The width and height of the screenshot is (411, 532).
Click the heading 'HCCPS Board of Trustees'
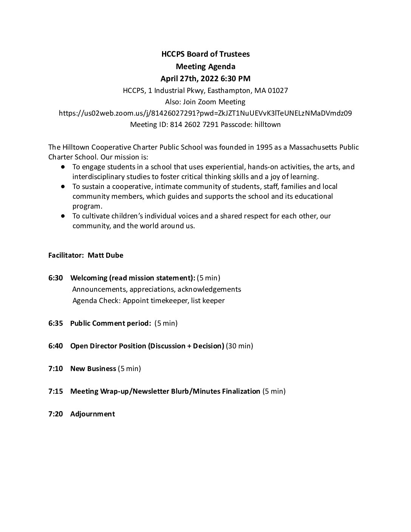pyautogui.click(x=205, y=54)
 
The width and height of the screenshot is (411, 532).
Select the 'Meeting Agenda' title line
pyautogui.click(x=205, y=66)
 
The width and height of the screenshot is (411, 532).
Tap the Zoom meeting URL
pyautogui.click(x=205, y=113)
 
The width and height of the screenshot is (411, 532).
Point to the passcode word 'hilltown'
pyautogui.click(x=268, y=124)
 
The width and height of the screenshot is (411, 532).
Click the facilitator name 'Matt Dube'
pyautogui.click(x=105, y=255)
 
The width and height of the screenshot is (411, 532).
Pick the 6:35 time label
pyautogui.click(x=56, y=323)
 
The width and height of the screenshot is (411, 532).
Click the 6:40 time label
pyautogui.click(x=56, y=346)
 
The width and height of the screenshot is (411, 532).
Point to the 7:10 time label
pyautogui.click(x=56, y=368)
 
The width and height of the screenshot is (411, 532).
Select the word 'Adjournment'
pyautogui.click(x=93, y=414)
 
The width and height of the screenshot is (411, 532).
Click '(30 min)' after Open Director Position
pyautogui.click(x=239, y=346)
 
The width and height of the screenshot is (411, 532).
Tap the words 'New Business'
pyautogui.click(x=93, y=368)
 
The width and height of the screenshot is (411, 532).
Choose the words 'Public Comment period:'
pyautogui.click(x=111, y=323)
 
